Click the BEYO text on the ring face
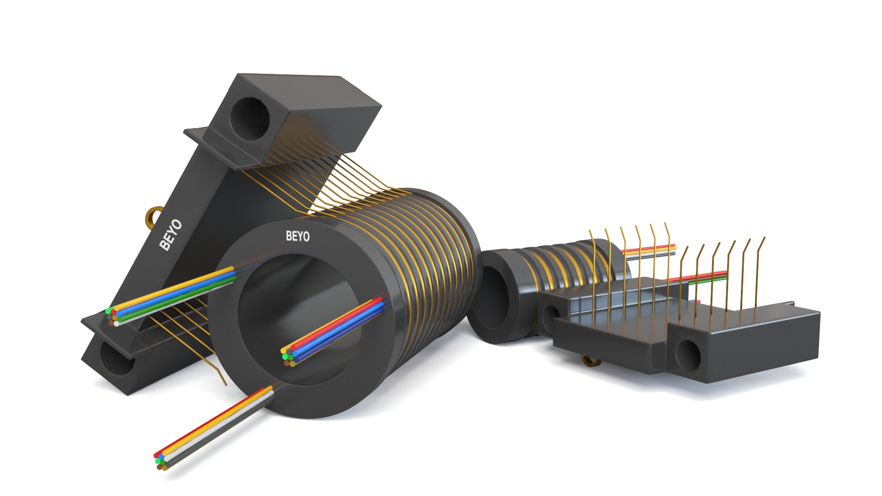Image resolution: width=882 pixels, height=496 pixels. [x=298, y=236]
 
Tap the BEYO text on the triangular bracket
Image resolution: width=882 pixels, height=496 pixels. [x=170, y=235]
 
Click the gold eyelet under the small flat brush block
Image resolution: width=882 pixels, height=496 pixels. [x=590, y=361]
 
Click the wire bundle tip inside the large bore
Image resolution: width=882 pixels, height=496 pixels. [x=288, y=356]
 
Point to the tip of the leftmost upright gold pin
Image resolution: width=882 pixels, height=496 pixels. [x=590, y=231]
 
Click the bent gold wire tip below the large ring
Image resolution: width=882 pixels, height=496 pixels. [x=225, y=384]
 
